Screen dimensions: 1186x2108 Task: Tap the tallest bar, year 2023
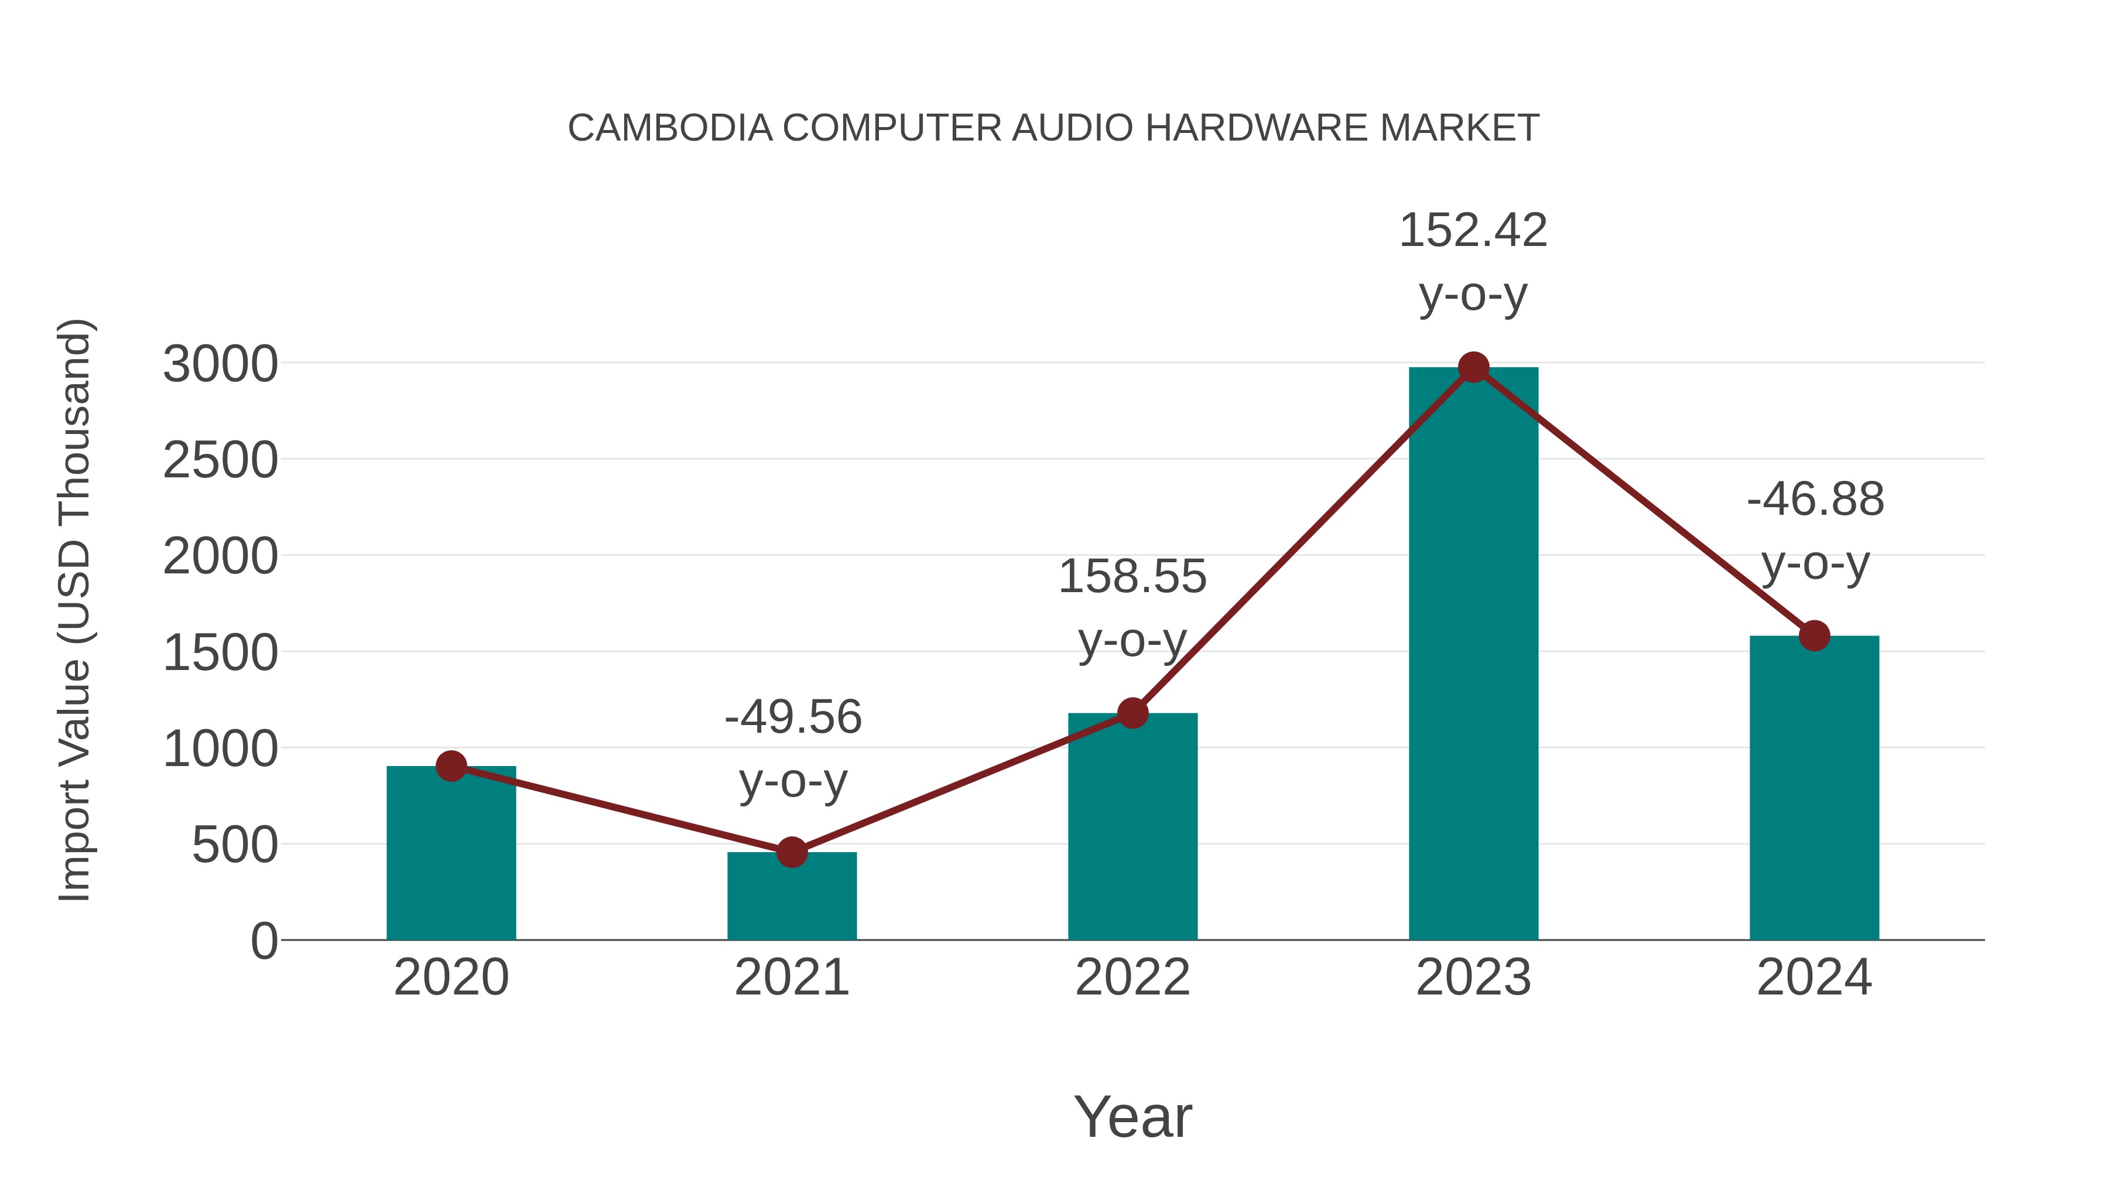1473,655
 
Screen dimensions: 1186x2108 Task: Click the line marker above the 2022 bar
1132,713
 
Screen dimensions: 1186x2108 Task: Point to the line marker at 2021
791,852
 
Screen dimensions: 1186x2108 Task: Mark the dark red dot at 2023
1473,367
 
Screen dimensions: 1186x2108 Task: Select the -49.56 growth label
792,718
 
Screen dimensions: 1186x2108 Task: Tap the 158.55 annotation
1132,577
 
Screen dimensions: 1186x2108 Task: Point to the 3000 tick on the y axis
220,365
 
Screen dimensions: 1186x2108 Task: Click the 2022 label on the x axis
1132,978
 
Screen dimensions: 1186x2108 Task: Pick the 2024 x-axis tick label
1814,978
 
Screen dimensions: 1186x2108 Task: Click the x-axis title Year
1132,1117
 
